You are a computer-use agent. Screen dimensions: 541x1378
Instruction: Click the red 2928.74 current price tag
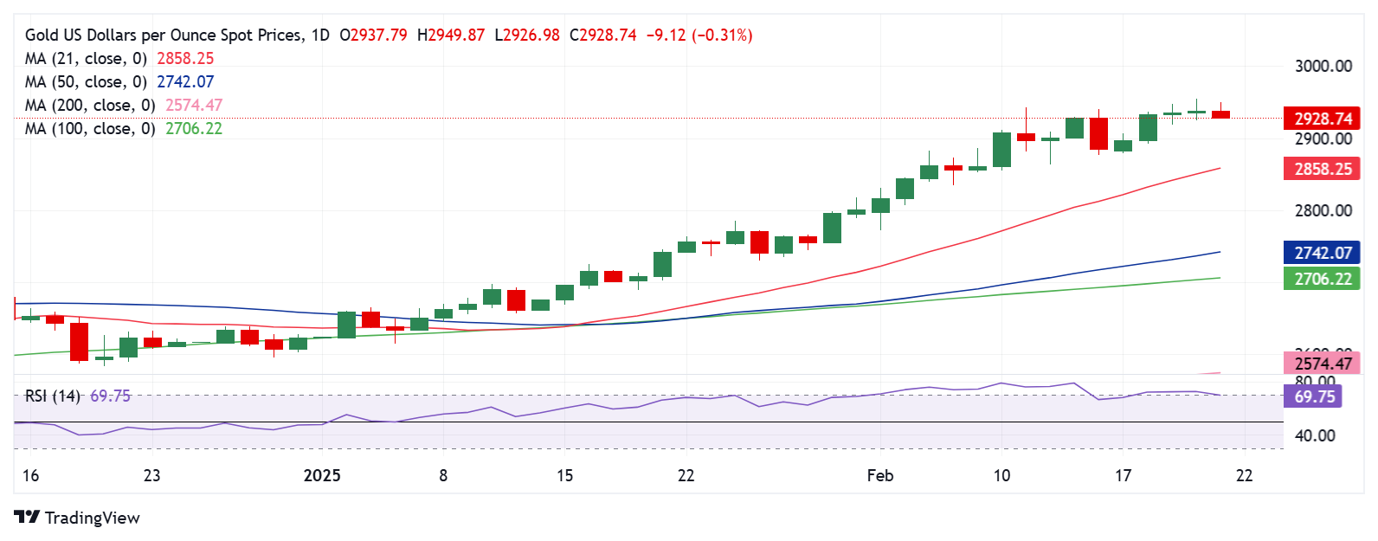point(1322,119)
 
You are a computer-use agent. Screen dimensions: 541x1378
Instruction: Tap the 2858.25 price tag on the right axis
point(1322,169)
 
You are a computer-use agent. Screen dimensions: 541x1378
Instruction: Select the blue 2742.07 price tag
point(1322,253)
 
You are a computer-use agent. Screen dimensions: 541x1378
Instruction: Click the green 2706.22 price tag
point(1322,279)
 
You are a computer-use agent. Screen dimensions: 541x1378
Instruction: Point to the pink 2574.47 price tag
point(1322,364)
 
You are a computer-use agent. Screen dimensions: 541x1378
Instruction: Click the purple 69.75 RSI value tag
point(1314,396)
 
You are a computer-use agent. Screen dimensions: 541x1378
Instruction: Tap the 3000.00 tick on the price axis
point(1323,67)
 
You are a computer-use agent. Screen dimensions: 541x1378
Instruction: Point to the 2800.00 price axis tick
point(1323,210)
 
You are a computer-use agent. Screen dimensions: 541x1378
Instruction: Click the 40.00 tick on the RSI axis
point(1314,435)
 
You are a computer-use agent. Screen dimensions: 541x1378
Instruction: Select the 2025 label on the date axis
point(322,475)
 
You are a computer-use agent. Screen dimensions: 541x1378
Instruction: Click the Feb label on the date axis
point(879,475)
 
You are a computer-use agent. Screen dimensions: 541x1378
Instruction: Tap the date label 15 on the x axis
point(564,475)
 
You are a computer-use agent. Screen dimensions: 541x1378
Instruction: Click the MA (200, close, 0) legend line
point(90,105)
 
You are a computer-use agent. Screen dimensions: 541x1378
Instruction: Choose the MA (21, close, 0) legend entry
point(86,58)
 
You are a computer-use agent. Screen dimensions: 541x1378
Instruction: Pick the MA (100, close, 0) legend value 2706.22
point(194,128)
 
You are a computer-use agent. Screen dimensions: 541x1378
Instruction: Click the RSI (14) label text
point(52,396)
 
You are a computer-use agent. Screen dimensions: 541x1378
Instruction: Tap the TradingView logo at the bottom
point(77,518)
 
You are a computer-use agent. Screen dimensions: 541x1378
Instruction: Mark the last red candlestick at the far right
point(1220,113)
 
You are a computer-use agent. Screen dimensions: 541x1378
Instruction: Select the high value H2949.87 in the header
point(450,35)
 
